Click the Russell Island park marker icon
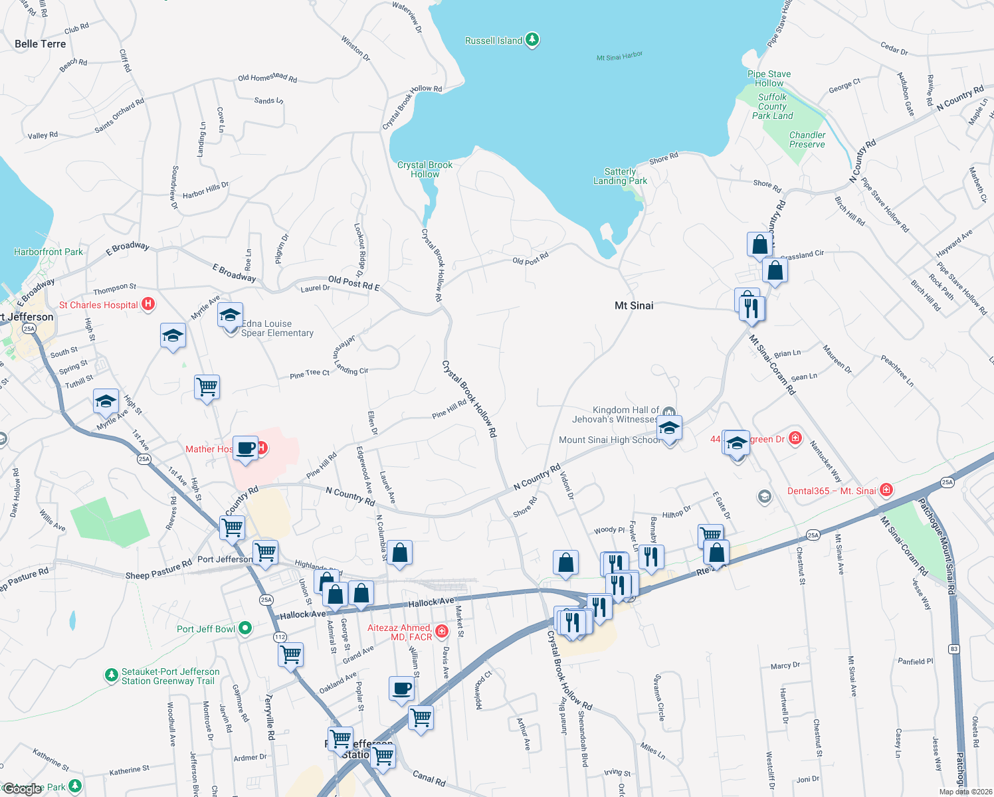(x=532, y=40)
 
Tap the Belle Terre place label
(x=41, y=44)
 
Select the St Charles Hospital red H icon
(x=148, y=304)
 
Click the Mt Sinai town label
(x=634, y=306)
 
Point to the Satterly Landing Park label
(x=620, y=176)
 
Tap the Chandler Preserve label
(x=807, y=139)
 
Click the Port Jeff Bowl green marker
(x=245, y=628)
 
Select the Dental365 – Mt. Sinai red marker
(x=886, y=490)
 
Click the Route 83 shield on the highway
(x=954, y=649)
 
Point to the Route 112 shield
(x=280, y=637)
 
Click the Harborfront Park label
(x=49, y=252)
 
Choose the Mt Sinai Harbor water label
(x=619, y=56)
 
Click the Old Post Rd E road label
(x=353, y=284)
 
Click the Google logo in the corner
(x=23, y=789)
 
